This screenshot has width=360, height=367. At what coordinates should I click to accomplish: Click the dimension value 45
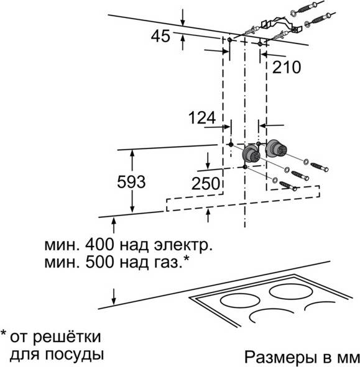pos(160,36)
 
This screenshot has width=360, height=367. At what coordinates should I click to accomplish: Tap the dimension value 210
pos(287,67)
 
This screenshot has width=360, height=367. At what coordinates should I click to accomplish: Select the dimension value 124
pos(202,118)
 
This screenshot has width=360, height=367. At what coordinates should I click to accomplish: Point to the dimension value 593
pos(131,182)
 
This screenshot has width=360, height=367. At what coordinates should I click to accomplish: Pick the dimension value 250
pos(206,184)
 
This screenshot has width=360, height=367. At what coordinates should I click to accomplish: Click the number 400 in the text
pos(99,245)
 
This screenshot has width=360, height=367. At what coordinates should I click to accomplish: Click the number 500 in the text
pos(99,262)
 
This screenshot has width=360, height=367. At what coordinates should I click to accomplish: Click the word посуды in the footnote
pos(74,355)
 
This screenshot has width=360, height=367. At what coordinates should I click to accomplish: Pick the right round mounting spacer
pos(275,148)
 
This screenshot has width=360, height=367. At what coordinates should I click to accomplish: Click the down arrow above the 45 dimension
pos(183,17)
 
